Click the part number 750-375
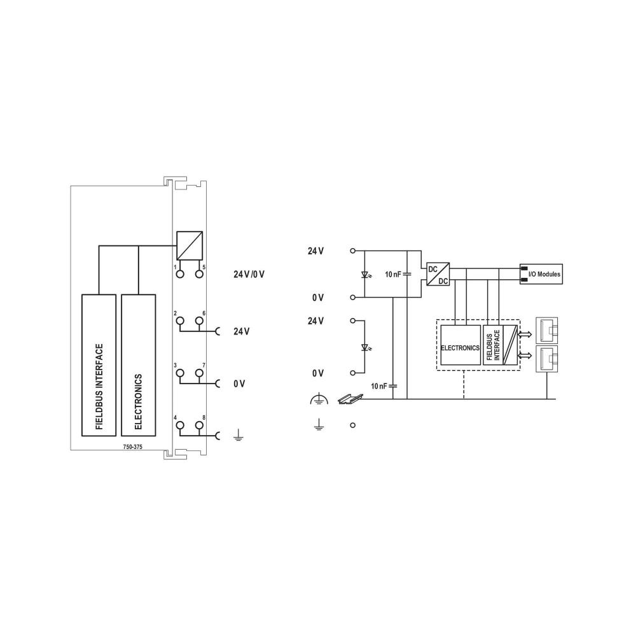coord(133,447)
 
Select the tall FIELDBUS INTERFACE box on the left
coord(99,364)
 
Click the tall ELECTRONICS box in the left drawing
coord(138,364)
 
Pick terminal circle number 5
coord(199,274)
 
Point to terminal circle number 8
coord(199,425)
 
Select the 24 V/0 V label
coord(249,275)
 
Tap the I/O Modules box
coord(541,274)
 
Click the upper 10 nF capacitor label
coord(394,274)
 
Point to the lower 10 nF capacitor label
coord(380,386)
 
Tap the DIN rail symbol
coord(352,399)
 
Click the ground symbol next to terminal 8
coord(237,436)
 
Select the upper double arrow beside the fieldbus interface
coord(525,333)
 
